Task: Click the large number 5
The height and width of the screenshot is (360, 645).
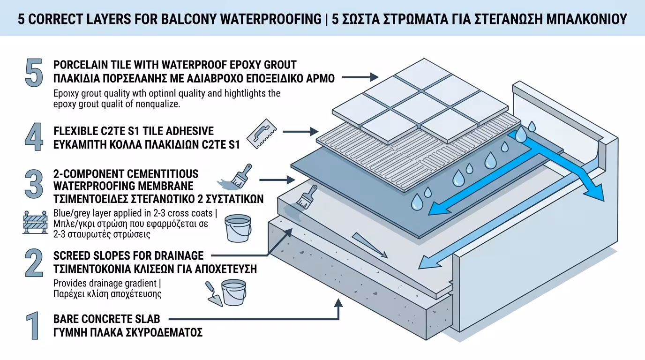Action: pyautogui.click(x=33, y=73)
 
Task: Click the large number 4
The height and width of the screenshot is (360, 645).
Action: pyautogui.click(x=33, y=137)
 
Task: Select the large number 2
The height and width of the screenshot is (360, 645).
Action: pyautogui.click(x=33, y=263)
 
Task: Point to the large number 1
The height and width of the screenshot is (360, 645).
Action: pyautogui.click(x=32, y=325)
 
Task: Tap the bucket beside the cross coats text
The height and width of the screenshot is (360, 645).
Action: pyautogui.click(x=238, y=228)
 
